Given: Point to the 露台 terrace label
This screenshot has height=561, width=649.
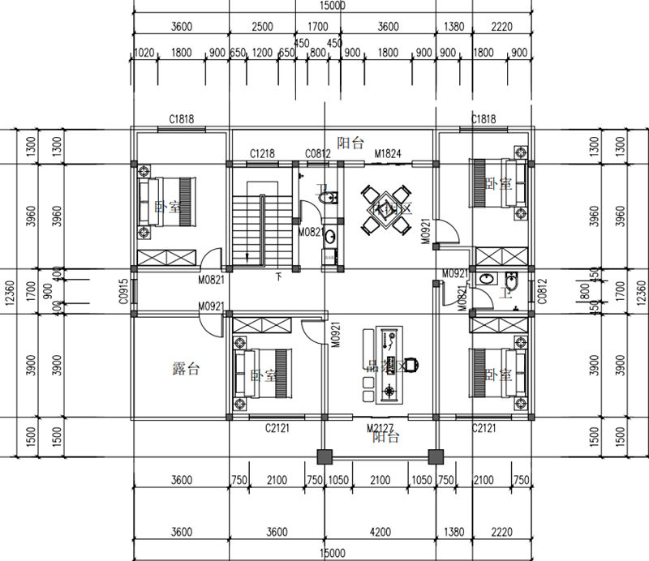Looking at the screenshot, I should point(187,370).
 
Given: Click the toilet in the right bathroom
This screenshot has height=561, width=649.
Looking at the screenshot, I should point(510,283).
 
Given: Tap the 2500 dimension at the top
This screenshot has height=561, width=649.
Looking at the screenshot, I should point(263,26).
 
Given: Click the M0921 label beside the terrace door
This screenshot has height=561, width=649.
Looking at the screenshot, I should point(211,306).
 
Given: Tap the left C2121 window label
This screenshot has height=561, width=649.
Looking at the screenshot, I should point(278,427).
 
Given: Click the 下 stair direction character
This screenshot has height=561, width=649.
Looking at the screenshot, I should point(279,276).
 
